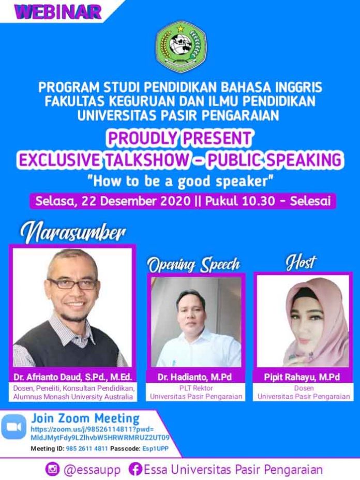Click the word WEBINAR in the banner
pos(58,12)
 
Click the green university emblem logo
pos(181,47)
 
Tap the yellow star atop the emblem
pos(181,28)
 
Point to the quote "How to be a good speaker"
pos(180,181)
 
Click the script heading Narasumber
pos(73,234)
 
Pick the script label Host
pos(301,262)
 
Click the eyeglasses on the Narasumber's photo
pos(73,284)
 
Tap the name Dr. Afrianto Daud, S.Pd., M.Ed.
pos(72,377)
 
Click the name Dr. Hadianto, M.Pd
pos(194,377)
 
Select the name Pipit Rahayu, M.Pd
pos(302,377)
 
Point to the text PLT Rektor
pos(196,388)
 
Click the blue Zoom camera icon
pos(14,427)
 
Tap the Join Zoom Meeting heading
pos(85,418)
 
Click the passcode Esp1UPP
pos(155,448)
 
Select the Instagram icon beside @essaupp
pos(52,469)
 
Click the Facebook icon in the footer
pos(135,469)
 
